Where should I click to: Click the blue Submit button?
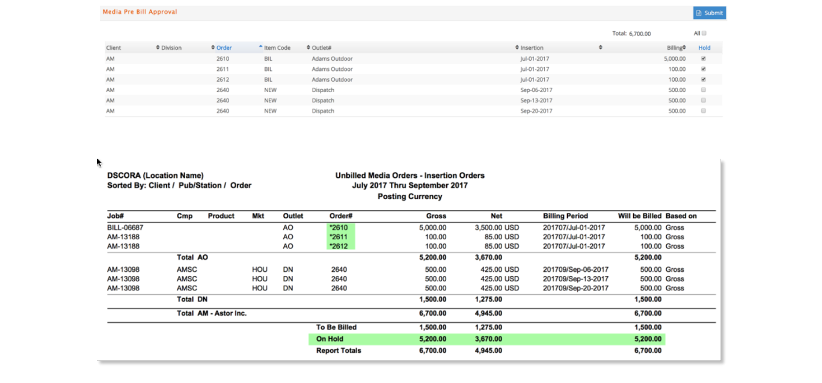coord(710,13)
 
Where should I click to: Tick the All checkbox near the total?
coord(704,33)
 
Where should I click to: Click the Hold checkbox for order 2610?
coord(704,58)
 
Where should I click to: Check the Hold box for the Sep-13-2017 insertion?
coord(704,100)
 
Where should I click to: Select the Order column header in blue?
coord(224,47)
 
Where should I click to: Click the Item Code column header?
coord(277,47)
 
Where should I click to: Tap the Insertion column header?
coord(532,47)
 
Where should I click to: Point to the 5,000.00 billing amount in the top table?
coord(675,59)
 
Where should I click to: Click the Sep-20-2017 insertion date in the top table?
coord(536,111)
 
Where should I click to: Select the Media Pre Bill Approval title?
coord(140,12)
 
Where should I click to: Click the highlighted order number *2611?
coord(339,237)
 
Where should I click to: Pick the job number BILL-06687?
coord(125,227)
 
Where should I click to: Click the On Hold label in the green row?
coord(330,339)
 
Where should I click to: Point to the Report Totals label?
coord(339,351)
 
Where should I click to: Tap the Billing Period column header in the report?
coord(565,216)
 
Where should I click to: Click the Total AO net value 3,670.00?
coord(488,257)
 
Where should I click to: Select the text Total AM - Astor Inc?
coord(212,313)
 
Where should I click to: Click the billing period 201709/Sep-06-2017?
coord(576,269)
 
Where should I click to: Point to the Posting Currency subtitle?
coord(410,197)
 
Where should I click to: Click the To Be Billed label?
coord(337,327)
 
